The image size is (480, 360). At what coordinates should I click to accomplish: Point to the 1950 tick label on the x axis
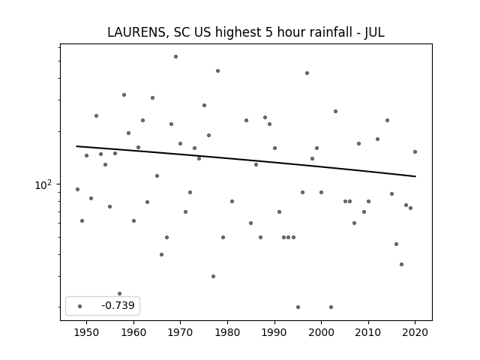coord(87,332)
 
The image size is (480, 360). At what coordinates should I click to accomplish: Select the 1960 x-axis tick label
coord(133,332)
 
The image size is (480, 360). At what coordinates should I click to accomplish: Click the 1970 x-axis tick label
coord(181,332)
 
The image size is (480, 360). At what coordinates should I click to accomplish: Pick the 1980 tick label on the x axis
coord(227,332)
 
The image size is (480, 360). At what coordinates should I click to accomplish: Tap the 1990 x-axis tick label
coord(274,332)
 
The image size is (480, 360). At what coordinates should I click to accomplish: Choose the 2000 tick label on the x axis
coord(321,332)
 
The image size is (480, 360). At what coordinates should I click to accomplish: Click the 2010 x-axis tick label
coord(368,332)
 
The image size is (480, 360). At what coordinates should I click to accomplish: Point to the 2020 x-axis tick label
coord(415,332)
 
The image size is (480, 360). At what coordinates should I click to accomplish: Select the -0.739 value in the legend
coord(113,306)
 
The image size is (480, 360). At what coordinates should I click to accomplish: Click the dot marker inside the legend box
coord(79,306)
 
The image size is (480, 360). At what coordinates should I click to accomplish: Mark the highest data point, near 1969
coord(175,56)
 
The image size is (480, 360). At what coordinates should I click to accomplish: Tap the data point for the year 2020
coord(415,151)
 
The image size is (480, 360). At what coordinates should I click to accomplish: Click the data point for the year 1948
coord(77,189)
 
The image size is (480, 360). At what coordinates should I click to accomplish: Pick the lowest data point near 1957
coord(119,293)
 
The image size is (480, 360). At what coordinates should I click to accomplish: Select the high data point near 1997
coord(307,73)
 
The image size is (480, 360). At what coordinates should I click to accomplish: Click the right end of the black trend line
coord(415,176)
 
